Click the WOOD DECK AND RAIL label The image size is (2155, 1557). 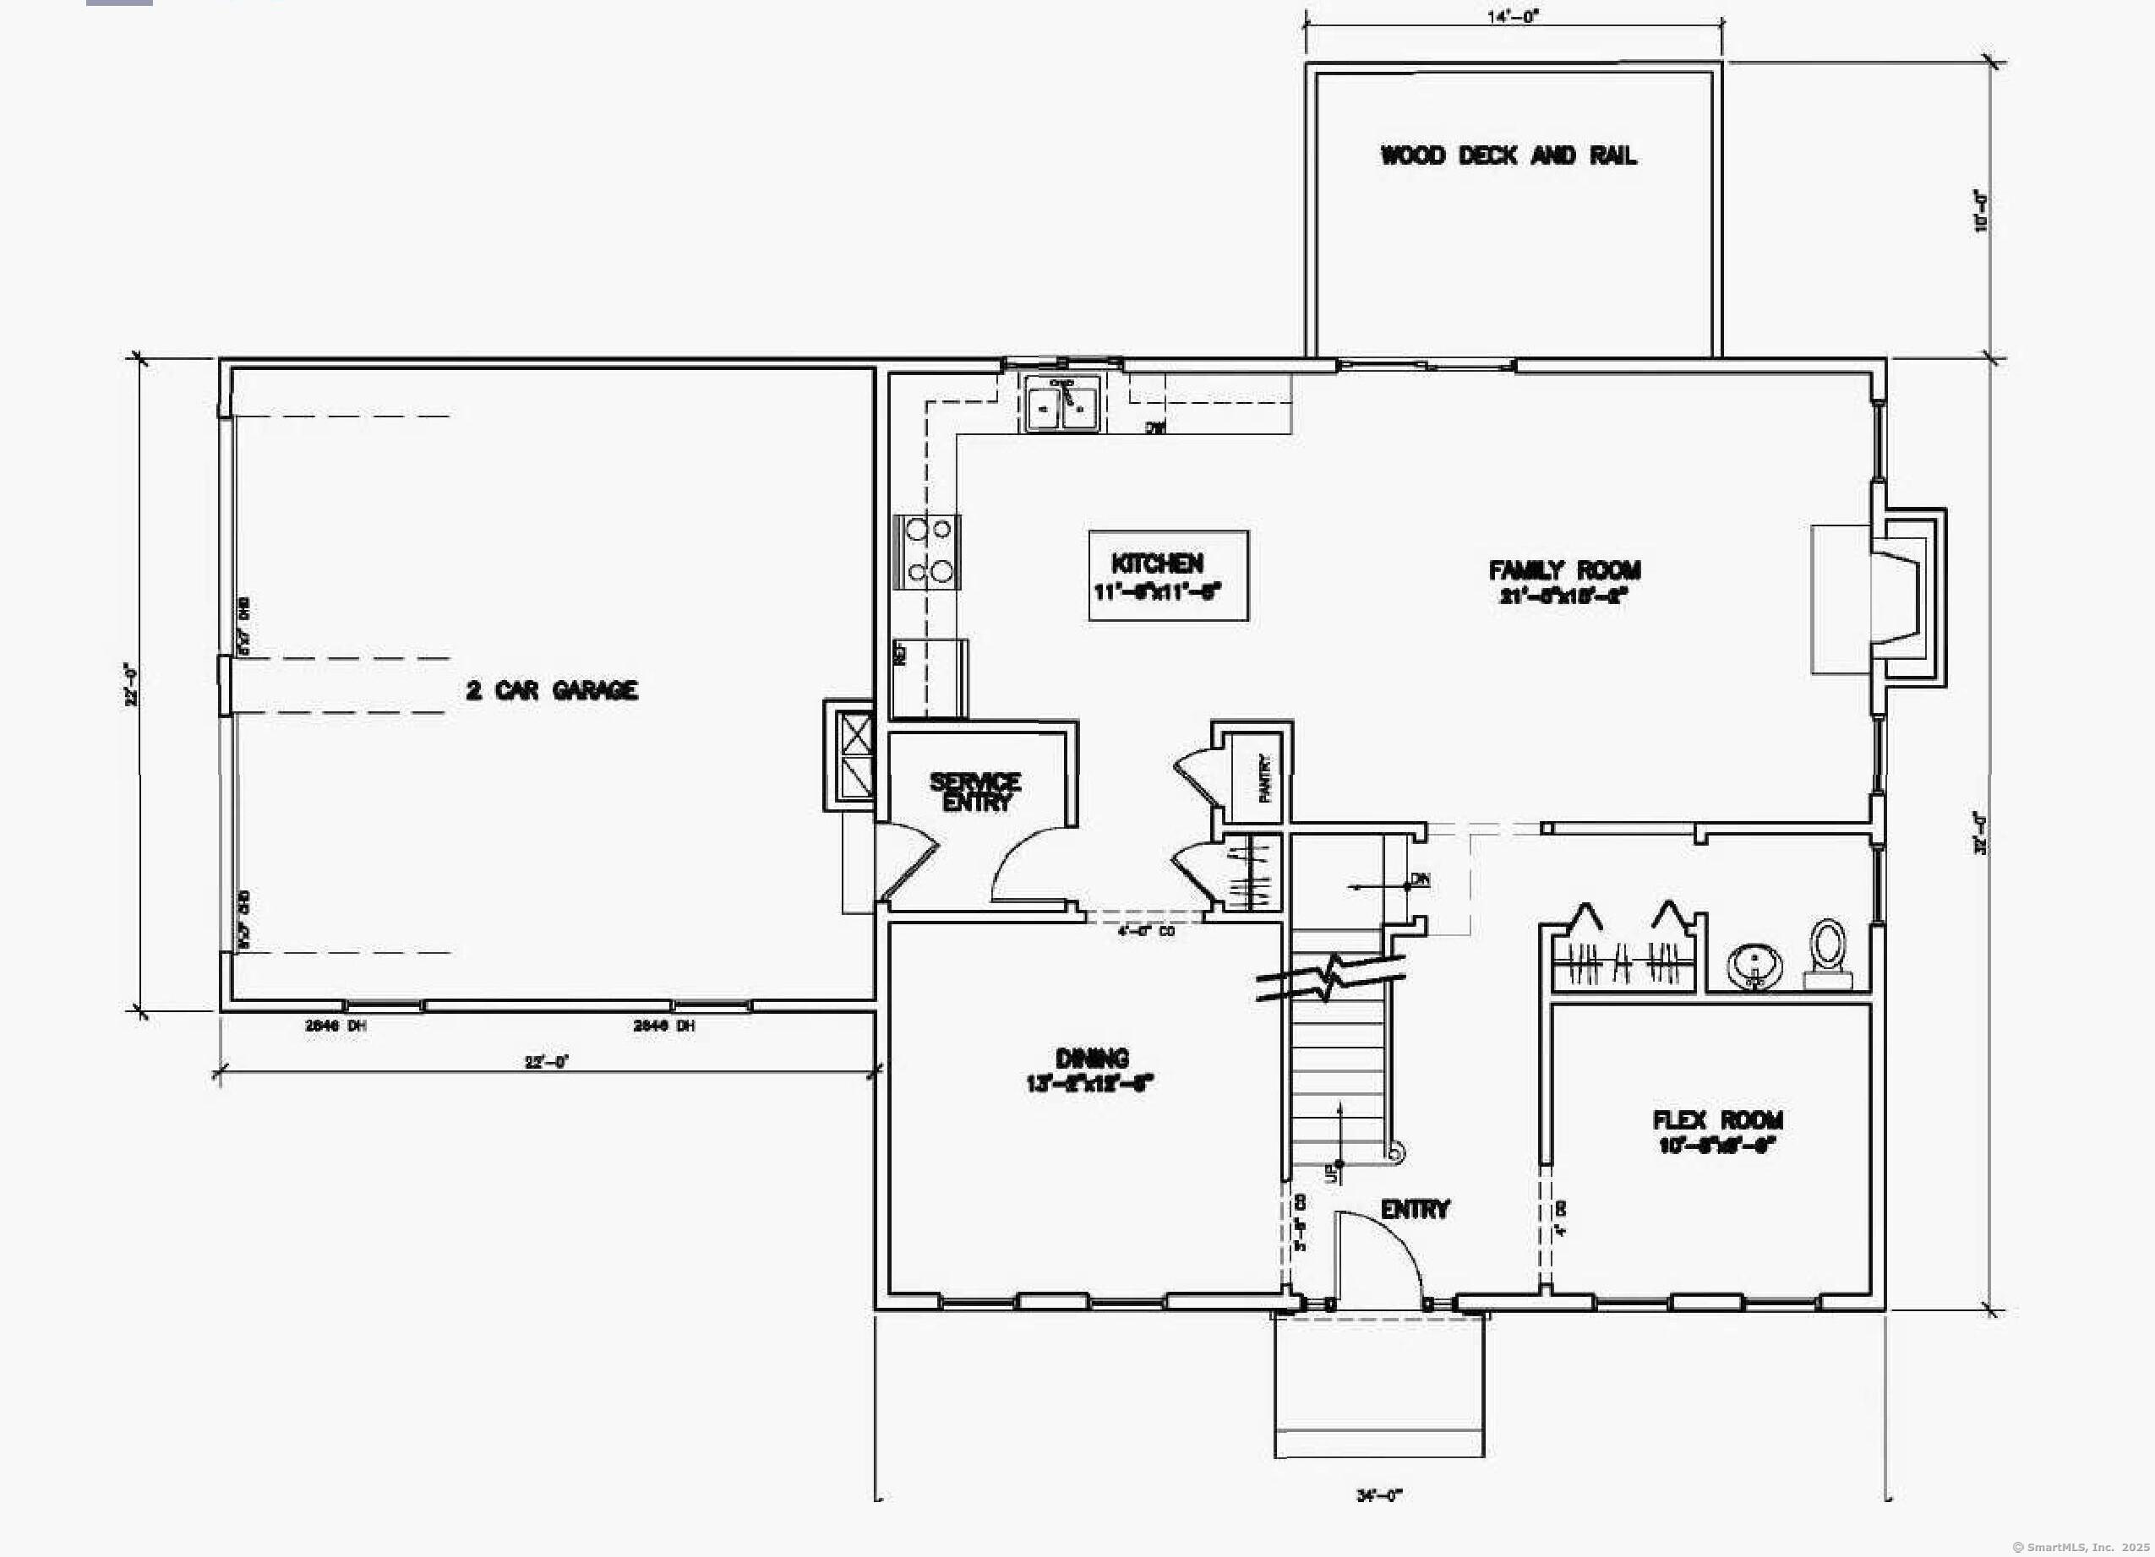[1508, 155]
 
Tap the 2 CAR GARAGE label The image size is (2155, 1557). [551, 690]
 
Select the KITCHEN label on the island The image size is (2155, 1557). [1157, 563]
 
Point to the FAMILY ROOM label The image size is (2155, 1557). [1564, 571]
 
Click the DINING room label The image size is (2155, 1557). [1092, 1059]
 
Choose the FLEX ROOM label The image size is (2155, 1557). [1717, 1121]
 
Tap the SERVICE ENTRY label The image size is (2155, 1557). [976, 792]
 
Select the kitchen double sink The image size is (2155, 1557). [1062, 405]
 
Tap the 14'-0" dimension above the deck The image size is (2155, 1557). [1513, 16]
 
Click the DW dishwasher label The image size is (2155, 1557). [1154, 428]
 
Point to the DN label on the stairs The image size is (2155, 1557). [1421, 879]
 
